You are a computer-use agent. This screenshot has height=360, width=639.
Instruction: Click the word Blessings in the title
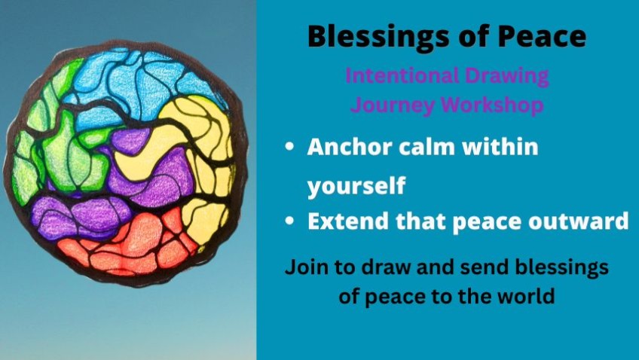coord(378,38)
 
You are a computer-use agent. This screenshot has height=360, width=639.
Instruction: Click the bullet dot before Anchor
coord(290,147)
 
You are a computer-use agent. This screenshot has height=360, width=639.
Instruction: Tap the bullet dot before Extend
coord(290,221)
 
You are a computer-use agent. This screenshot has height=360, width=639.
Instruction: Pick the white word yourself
coord(356,186)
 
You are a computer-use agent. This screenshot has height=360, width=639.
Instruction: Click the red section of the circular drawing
coord(130,244)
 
